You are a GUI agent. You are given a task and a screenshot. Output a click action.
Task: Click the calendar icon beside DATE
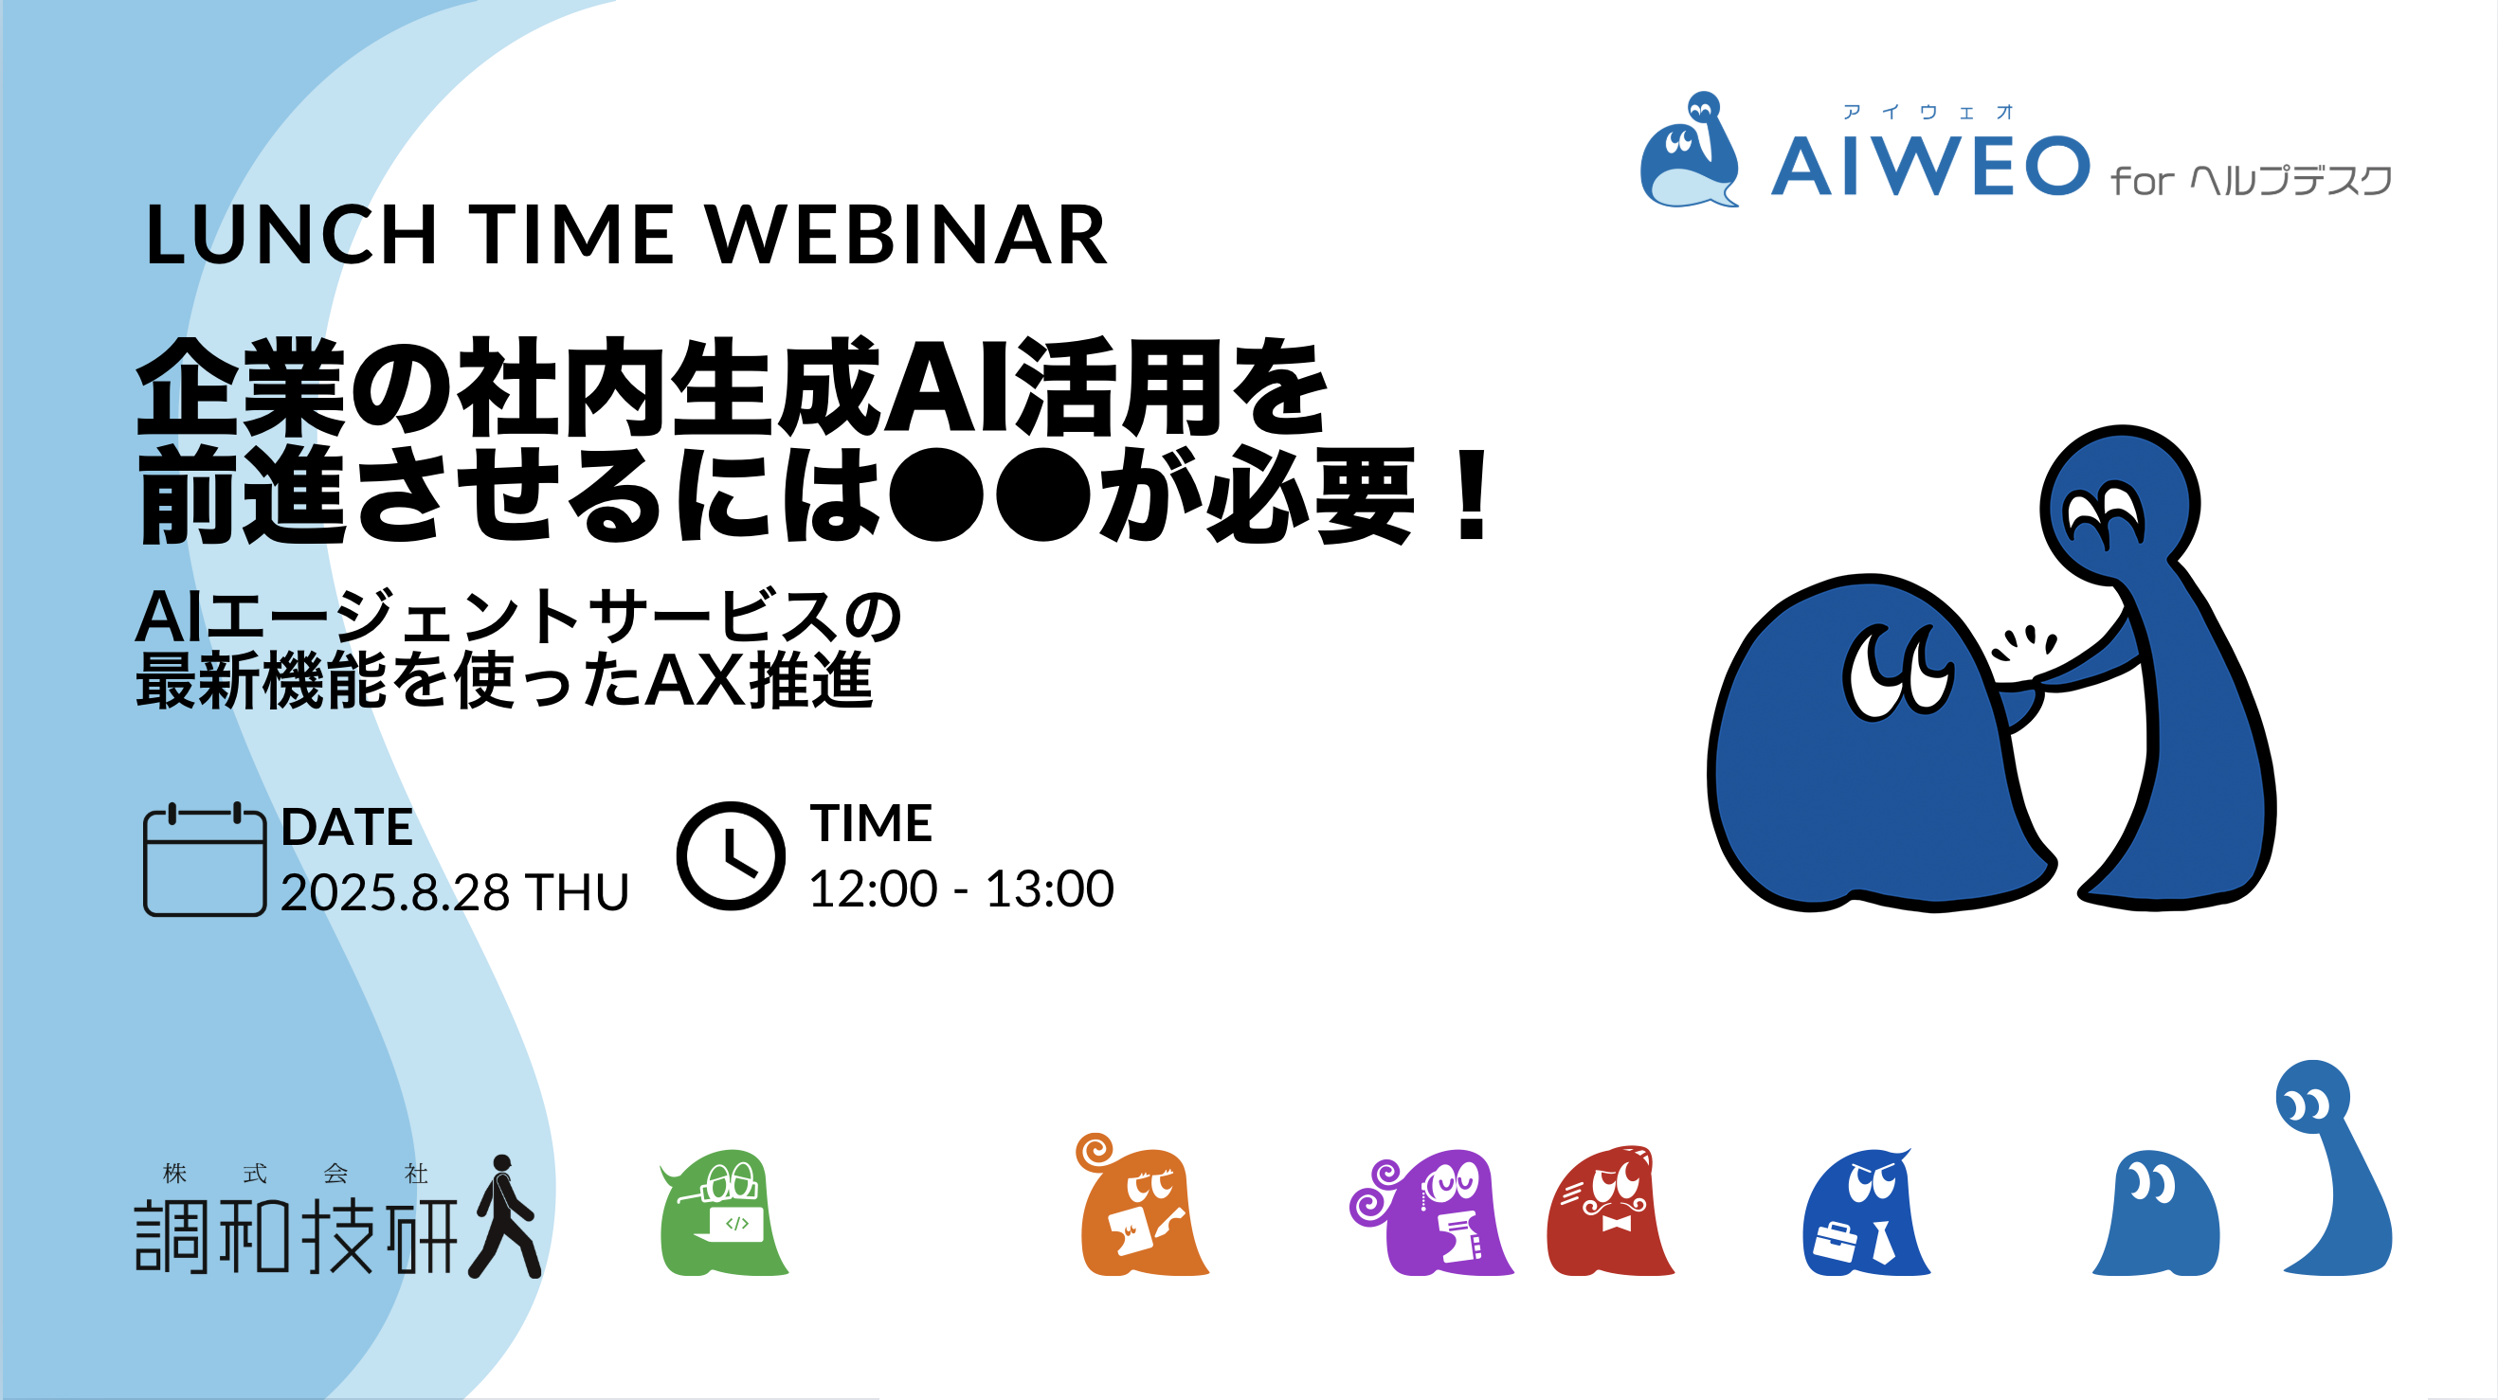point(205,859)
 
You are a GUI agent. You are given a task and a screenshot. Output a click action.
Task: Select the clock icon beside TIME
point(731,856)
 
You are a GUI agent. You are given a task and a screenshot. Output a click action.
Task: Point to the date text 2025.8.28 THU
point(455,892)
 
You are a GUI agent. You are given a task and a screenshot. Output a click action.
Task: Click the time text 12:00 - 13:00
point(961,888)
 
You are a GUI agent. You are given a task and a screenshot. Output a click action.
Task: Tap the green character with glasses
point(723,1212)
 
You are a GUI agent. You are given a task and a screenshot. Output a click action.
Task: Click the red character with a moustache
point(1611,1211)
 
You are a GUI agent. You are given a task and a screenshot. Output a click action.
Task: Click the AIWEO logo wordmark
point(1929,166)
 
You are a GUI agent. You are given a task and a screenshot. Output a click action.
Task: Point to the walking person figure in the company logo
point(504,1216)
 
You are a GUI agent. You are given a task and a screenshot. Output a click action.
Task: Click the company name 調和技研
point(296,1236)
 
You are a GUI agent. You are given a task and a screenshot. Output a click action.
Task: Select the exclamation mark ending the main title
point(1472,495)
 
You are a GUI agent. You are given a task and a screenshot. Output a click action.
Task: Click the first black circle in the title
point(935,495)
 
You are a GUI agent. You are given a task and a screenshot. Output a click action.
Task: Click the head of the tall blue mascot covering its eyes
point(2120,504)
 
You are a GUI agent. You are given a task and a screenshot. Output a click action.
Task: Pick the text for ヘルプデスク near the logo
point(2291,180)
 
